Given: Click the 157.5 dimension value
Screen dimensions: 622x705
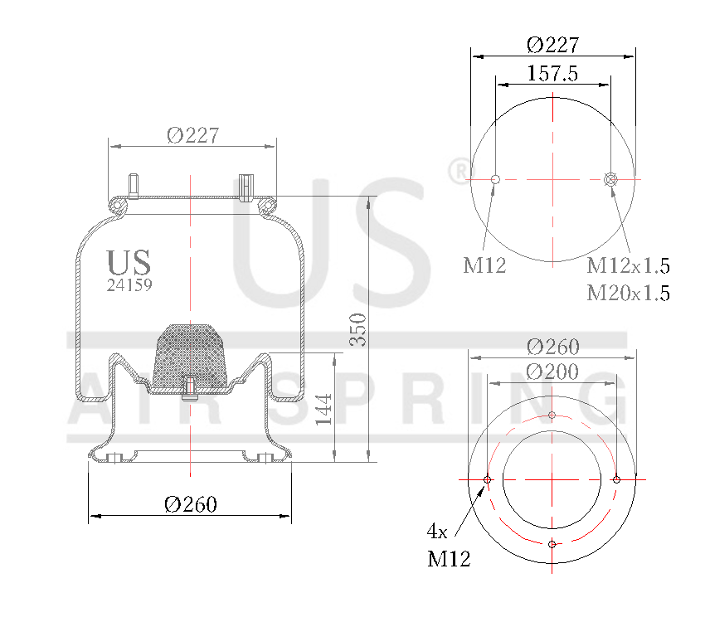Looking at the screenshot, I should tap(552, 73).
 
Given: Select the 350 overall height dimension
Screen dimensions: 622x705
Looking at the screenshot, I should tap(357, 329).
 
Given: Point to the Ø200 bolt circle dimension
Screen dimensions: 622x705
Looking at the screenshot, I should tap(552, 372).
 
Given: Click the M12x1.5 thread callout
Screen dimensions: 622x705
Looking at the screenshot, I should tap(628, 266).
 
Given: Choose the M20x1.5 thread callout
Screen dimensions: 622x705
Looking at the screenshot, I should tap(628, 293).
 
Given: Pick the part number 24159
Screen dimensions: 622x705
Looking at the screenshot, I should tap(129, 284).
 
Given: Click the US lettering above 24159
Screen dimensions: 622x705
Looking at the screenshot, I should tap(129, 262).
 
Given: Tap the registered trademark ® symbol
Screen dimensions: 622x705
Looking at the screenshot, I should tap(458, 172).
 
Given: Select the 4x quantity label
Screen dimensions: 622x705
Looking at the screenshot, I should tap(437, 531).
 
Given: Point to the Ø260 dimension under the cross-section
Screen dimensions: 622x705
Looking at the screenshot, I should tap(190, 504).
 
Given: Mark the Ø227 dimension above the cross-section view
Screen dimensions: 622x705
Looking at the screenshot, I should tap(192, 135).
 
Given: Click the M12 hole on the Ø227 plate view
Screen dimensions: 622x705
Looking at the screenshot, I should tap(495, 179).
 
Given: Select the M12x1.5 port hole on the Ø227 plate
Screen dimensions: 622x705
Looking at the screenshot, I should tap(611, 179).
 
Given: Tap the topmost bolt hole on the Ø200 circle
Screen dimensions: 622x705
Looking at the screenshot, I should tap(552, 415).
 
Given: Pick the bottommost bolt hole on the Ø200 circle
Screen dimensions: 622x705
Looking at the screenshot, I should tap(552, 545).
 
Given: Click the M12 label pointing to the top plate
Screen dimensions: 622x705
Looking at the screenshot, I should tap(484, 266).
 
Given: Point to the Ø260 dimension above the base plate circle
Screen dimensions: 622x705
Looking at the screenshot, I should tap(552, 347).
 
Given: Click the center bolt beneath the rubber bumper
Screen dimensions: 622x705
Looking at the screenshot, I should tap(190, 388).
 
